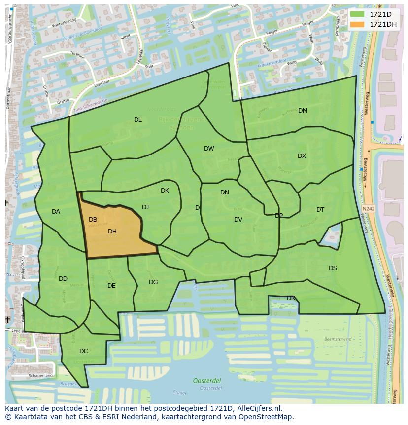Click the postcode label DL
[x=138, y=120]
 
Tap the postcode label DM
[x=303, y=111]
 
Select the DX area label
[x=302, y=156]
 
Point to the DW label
[x=209, y=149]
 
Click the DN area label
[x=225, y=193]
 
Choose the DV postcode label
[x=238, y=220]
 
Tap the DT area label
[x=320, y=210]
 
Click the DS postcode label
[x=333, y=268]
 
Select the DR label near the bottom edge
[x=291, y=298]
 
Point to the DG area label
[x=153, y=282]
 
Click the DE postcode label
[x=111, y=286]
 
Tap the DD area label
[x=63, y=279]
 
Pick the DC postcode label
[x=83, y=351]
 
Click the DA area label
[x=56, y=212]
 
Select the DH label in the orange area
[x=112, y=232]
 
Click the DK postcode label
[x=165, y=191]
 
